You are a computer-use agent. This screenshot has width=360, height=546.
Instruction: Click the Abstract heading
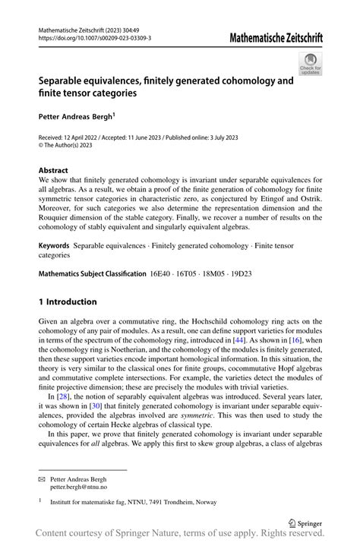(53, 171)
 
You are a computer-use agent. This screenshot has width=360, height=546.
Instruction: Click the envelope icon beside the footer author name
(43, 480)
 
